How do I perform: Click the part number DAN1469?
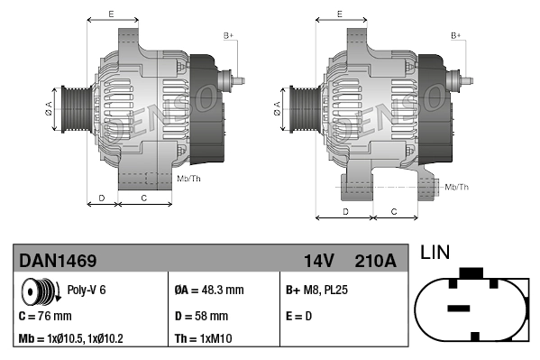point(58,261)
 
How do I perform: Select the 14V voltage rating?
point(318,261)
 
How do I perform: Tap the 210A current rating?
point(376,261)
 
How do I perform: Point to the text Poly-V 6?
point(87,291)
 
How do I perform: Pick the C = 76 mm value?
point(45,316)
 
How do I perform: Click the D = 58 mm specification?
point(201,316)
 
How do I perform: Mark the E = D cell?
point(300,316)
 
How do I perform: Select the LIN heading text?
point(435,253)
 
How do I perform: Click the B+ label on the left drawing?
point(228,35)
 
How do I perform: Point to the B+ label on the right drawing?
point(456,35)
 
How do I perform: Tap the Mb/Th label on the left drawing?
point(189,179)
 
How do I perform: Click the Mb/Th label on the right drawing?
point(457,187)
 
